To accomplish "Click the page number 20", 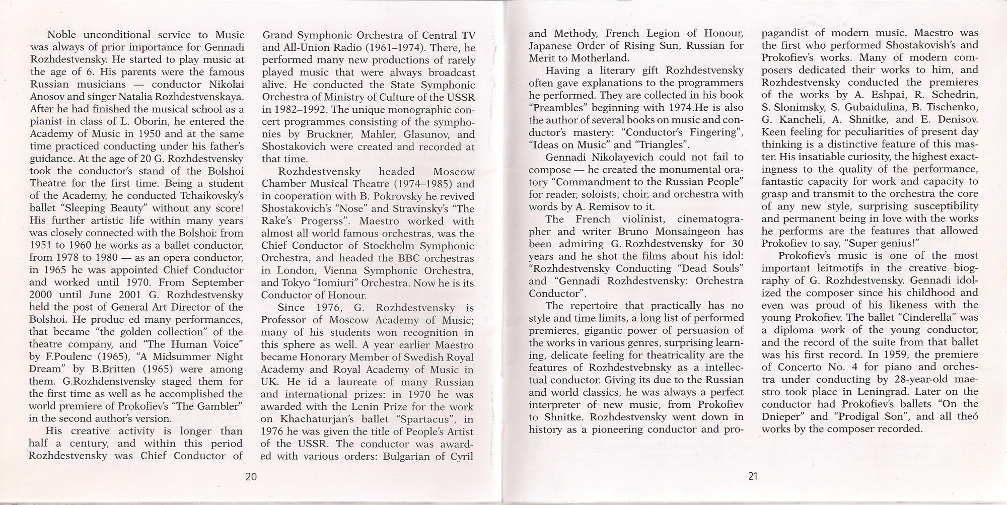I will click(251, 476).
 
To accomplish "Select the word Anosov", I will click(49, 97).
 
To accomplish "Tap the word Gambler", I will click(216, 406).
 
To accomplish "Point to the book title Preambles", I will click(557, 108).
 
